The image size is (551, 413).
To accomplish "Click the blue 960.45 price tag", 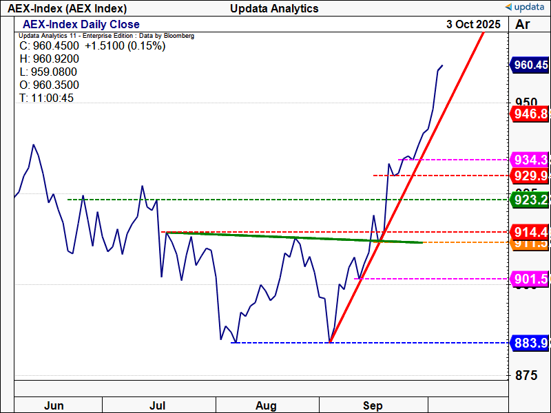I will pos(530,65).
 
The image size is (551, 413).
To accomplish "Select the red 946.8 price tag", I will pos(530,114).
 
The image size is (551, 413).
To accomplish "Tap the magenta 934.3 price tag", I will pos(530,160).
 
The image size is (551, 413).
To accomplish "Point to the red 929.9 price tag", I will pos(530,176).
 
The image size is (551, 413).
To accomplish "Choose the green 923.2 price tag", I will pos(530,200).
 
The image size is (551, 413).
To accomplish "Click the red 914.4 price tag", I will pos(530,231).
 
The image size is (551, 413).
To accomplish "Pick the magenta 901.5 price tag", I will pos(530,279).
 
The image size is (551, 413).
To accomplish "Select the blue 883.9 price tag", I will pos(530,343).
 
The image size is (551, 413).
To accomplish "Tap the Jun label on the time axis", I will pos(54,405).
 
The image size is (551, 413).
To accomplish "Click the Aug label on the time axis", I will pos(266,405).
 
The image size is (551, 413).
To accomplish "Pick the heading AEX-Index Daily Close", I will pos(81,25).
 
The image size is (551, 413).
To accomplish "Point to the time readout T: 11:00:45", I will pos(46,98).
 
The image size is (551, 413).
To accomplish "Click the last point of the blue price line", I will pos(442,65).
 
